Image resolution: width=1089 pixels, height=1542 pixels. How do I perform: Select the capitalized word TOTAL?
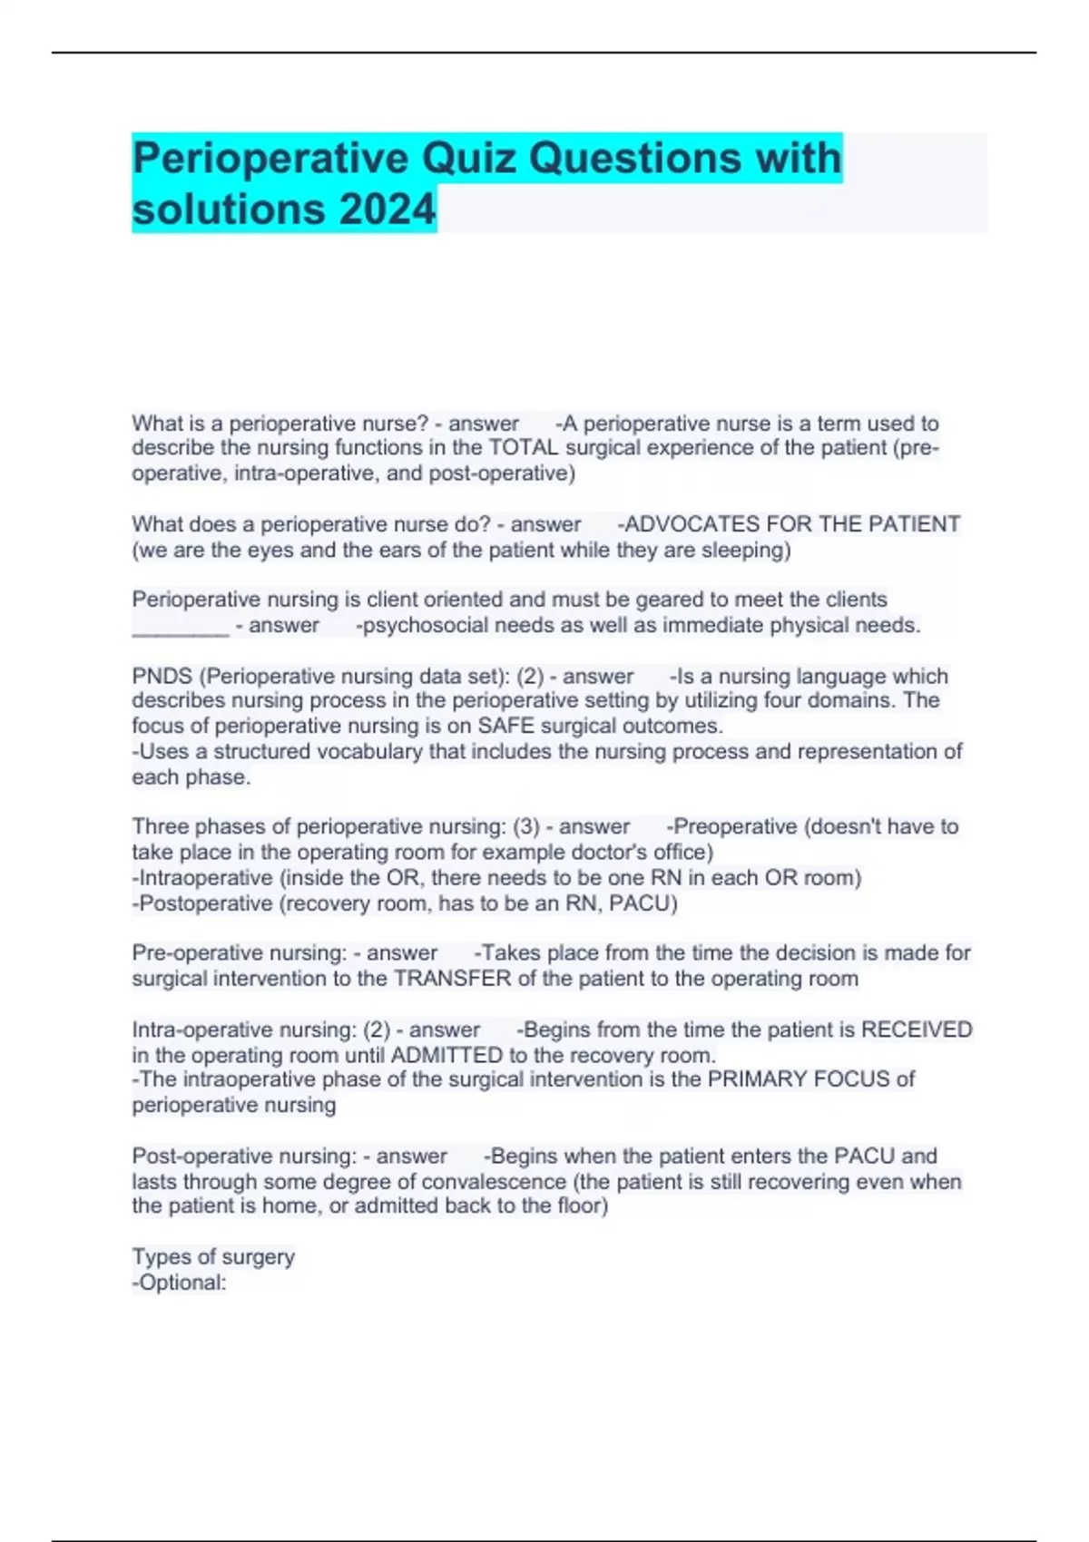(x=524, y=448)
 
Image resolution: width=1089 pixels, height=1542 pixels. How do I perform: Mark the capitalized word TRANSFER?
(x=453, y=980)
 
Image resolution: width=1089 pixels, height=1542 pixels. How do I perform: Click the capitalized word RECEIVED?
(x=917, y=1030)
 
